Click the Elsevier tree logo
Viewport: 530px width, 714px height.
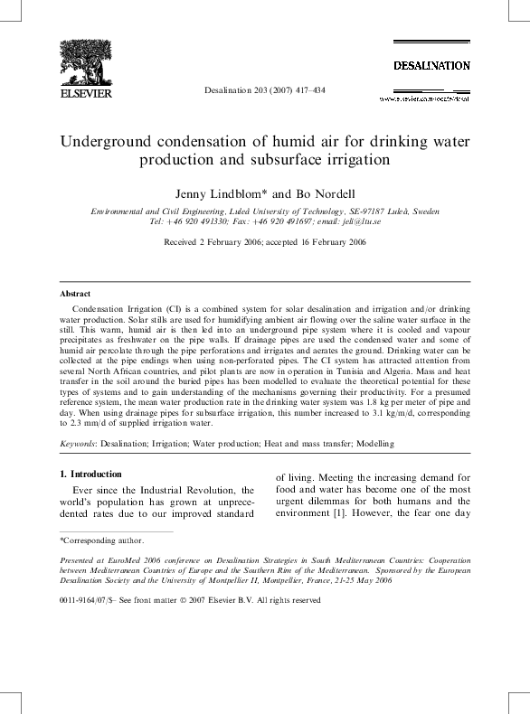click(x=85, y=63)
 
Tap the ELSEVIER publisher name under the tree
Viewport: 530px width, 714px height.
click(x=85, y=93)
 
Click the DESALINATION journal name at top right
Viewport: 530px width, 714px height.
click(x=431, y=66)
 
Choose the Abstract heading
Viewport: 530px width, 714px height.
click(x=75, y=295)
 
